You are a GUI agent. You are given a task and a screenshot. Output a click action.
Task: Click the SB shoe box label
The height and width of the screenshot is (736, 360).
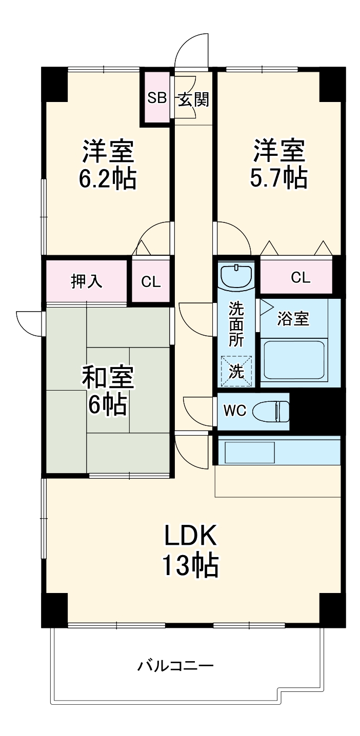[157, 98]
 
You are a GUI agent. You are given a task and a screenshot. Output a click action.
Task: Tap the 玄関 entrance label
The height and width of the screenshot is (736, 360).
[193, 99]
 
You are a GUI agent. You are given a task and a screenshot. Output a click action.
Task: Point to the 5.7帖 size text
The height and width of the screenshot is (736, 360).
[278, 178]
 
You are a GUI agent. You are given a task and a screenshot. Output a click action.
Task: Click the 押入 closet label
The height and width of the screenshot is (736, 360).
[86, 281]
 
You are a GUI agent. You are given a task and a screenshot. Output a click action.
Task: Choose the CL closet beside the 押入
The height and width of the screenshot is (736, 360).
[151, 281]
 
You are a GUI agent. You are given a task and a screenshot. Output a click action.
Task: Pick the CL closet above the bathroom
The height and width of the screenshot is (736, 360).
[301, 277]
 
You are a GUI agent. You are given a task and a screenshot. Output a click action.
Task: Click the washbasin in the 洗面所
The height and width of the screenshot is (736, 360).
[236, 277]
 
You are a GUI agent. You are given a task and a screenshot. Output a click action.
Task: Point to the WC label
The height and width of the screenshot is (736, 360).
[235, 411]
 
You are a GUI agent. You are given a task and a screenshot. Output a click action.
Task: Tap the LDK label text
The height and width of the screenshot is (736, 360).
[191, 536]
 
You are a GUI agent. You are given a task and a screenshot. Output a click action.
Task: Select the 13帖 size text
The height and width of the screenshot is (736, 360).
[191, 566]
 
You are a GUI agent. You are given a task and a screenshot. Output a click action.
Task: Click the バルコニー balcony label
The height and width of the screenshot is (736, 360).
[175, 666]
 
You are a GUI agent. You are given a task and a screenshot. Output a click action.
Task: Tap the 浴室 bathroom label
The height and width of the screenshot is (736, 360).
[293, 319]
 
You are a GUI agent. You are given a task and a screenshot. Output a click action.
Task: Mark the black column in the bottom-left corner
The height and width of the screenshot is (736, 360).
[54, 609]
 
